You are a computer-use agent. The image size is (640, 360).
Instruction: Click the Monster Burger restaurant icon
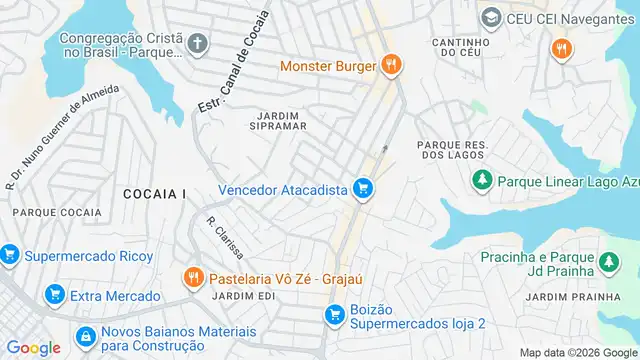(x=391, y=67)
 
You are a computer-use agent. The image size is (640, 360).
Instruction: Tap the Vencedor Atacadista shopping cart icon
(x=363, y=189)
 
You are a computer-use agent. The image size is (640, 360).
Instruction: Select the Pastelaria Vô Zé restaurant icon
(x=193, y=276)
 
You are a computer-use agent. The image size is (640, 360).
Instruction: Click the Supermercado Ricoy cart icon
(x=9, y=256)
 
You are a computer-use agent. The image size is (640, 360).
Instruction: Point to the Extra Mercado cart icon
(x=55, y=295)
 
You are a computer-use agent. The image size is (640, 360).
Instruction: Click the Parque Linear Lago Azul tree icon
(x=482, y=179)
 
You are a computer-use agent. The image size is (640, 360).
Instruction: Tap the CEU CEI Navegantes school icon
(x=490, y=18)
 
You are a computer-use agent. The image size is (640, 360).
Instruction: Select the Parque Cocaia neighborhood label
(x=56, y=212)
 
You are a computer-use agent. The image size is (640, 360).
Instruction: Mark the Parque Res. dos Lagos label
(x=451, y=151)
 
